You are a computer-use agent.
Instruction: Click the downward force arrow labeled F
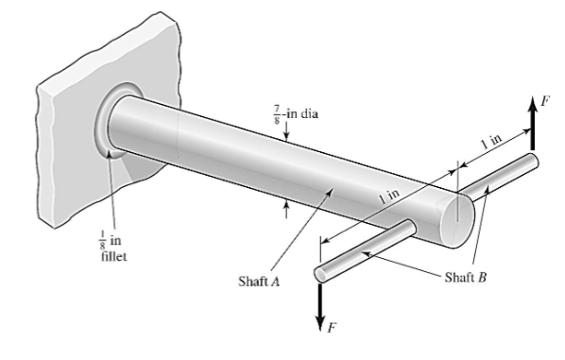click(x=319, y=306)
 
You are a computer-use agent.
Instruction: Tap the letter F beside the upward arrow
click(x=545, y=101)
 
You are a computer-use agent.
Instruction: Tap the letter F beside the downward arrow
click(x=332, y=327)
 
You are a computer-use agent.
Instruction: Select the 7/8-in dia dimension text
click(x=296, y=115)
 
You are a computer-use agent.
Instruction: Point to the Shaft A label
click(x=259, y=281)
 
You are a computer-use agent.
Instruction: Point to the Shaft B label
click(x=465, y=277)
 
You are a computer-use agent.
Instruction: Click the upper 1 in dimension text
click(x=491, y=142)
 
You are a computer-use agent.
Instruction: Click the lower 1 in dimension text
click(x=389, y=197)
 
